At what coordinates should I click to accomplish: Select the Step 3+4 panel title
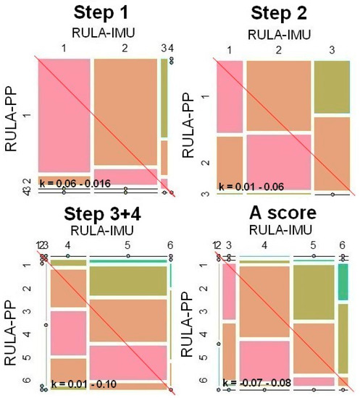tap(102, 215)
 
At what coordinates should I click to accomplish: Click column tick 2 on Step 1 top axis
tap(125, 48)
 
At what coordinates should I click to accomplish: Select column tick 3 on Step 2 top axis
tap(332, 51)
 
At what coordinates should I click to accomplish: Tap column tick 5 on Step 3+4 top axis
tap(127, 246)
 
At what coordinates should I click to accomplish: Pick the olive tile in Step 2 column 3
tap(332, 87)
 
